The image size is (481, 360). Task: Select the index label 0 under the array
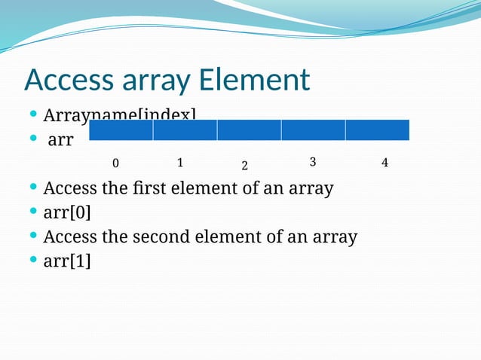click(115, 163)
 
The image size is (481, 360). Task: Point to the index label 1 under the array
click(180, 162)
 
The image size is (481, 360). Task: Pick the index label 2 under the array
click(245, 165)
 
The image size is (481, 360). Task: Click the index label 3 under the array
click(312, 162)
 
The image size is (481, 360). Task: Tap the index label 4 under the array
click(384, 163)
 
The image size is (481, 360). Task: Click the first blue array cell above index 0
click(121, 130)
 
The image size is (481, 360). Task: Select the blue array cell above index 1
click(185, 130)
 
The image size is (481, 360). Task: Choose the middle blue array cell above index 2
click(249, 130)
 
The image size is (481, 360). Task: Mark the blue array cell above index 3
click(313, 130)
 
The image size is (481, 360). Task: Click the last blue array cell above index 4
click(377, 130)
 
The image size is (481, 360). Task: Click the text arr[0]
click(67, 212)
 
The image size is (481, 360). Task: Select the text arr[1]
click(67, 261)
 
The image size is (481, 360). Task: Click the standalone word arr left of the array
click(60, 141)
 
